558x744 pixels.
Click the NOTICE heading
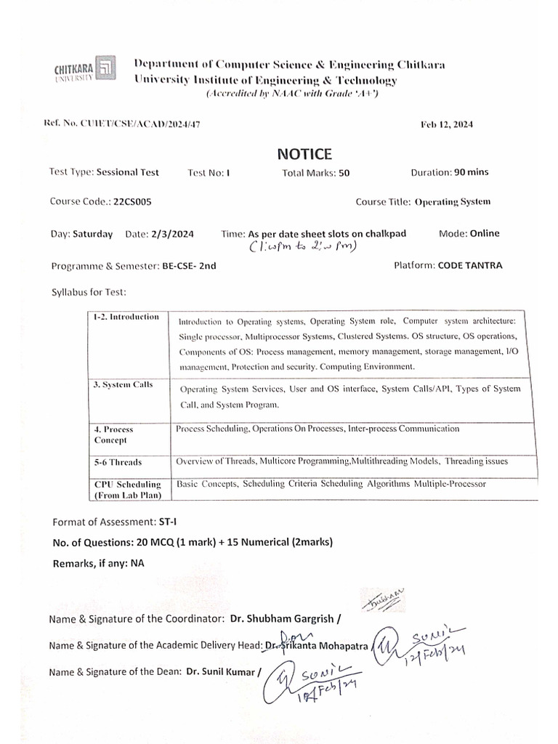(304, 154)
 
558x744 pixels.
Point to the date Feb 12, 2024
(447, 125)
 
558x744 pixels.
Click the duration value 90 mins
(472, 172)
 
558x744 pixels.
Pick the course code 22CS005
(132, 203)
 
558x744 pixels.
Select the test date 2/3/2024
(174, 234)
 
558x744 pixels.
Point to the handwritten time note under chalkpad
(304, 247)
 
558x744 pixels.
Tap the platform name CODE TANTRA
(469, 265)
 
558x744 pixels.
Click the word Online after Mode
(485, 233)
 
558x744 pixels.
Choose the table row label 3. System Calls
(124, 385)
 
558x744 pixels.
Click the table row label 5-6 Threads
(118, 462)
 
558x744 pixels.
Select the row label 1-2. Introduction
(126, 317)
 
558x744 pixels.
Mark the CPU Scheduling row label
(127, 489)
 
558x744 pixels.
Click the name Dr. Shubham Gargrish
(282, 619)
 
